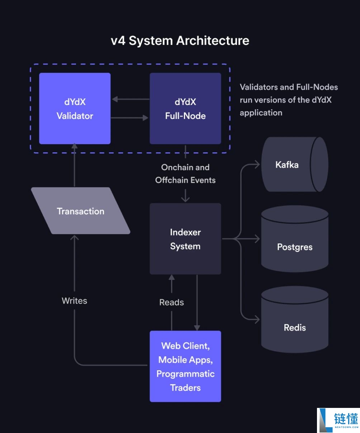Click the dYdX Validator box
coord(75,109)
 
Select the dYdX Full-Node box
coord(185,109)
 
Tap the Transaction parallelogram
coord(81,211)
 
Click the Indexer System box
coord(185,239)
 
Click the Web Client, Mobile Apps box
coord(185,366)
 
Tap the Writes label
coord(74,301)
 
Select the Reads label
coord(171,303)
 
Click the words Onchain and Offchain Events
coord(185,174)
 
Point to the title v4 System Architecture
coord(180,41)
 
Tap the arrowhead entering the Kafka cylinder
coord(257,165)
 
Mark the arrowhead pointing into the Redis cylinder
coord(257,319)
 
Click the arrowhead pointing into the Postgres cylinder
coord(257,238)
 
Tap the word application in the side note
coord(261,113)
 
